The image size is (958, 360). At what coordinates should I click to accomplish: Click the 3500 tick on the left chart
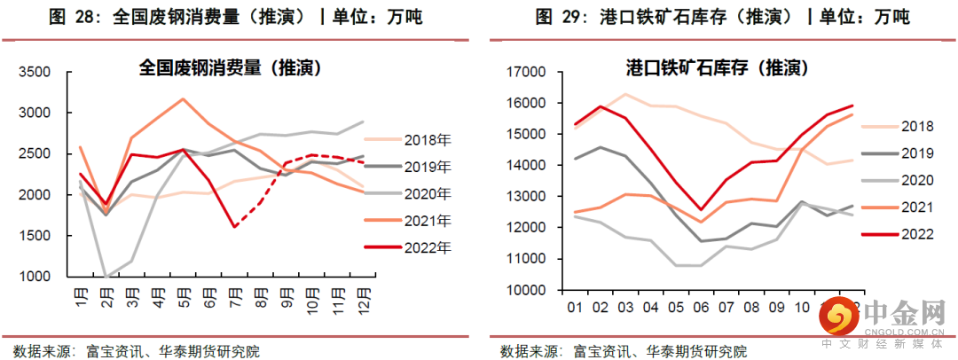pos(41,73)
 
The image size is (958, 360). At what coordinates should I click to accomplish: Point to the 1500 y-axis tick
pos(41,236)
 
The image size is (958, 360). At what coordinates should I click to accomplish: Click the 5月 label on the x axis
pos(181,293)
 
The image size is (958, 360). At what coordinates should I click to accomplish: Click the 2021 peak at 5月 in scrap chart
pos(182,98)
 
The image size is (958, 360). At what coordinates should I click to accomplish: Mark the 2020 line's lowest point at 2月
pos(106,277)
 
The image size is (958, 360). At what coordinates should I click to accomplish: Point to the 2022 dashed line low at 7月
pos(234,227)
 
